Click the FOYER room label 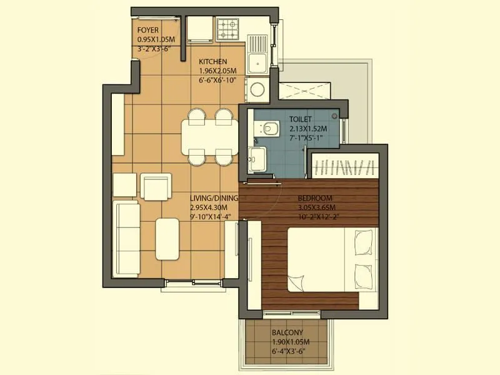[x=148, y=30]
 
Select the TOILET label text [x=301, y=118]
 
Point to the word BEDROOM [x=315, y=198]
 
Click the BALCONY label [x=287, y=332]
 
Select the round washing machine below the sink [x=256, y=90]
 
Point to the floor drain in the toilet [x=335, y=116]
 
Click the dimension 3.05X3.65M [x=316, y=207]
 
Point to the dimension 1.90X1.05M [x=291, y=342]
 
